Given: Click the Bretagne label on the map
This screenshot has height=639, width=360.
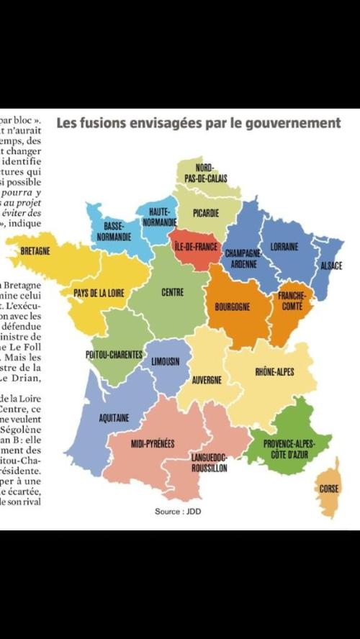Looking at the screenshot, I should (35, 250).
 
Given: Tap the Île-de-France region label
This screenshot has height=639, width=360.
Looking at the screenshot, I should (197, 246).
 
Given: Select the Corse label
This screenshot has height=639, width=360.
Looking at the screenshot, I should (328, 489).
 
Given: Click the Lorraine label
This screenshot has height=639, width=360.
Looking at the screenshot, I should (284, 247).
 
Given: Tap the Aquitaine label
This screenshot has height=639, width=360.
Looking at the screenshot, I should (114, 417).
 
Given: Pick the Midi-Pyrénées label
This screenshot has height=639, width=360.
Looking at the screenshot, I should (153, 444).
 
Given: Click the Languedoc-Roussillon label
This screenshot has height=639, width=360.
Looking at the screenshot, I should (210, 462).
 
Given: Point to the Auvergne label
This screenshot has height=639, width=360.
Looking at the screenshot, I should (207, 379).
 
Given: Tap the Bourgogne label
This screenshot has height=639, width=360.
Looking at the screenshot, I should (233, 307).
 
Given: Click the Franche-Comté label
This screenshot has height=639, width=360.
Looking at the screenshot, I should (292, 300).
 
